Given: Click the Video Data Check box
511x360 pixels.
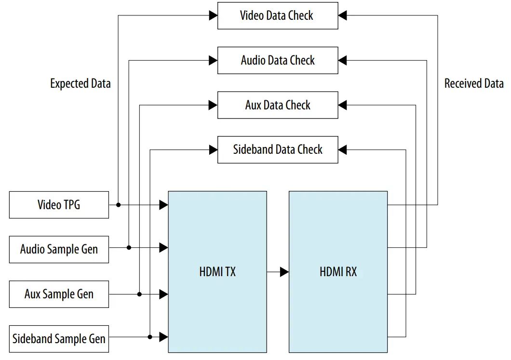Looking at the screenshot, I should [x=277, y=15].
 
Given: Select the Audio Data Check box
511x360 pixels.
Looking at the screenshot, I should [x=277, y=60].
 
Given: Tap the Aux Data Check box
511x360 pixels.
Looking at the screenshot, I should [x=277, y=105].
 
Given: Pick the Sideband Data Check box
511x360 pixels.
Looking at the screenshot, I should [x=277, y=149].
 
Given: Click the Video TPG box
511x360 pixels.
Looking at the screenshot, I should [x=59, y=205].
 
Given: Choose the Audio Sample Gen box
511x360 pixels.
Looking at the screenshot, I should [x=59, y=249].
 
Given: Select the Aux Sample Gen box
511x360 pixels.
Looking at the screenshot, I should [x=59, y=294].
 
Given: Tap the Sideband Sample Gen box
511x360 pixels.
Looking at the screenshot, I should [x=59, y=338].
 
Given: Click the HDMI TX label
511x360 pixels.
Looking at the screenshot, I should [x=217, y=272].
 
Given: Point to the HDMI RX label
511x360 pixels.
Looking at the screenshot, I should [x=338, y=272].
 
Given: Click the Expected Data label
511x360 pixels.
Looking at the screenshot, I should [x=81, y=83].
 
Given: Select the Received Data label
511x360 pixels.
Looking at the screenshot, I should [x=474, y=83].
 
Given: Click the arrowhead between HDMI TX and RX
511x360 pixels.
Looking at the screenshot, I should [x=284, y=272].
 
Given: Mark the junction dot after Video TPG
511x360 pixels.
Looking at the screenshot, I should [x=118, y=205].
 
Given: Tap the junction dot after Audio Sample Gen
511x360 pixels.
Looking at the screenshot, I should [x=129, y=247].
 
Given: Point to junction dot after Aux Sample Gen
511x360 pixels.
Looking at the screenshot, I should [x=139, y=294].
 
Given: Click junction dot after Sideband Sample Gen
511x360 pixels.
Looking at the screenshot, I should [x=150, y=336].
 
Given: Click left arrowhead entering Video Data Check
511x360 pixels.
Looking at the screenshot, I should [x=213, y=15].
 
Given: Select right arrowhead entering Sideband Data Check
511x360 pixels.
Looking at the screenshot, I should [x=342, y=149].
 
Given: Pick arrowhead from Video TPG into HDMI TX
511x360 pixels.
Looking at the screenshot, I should [x=164, y=205].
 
